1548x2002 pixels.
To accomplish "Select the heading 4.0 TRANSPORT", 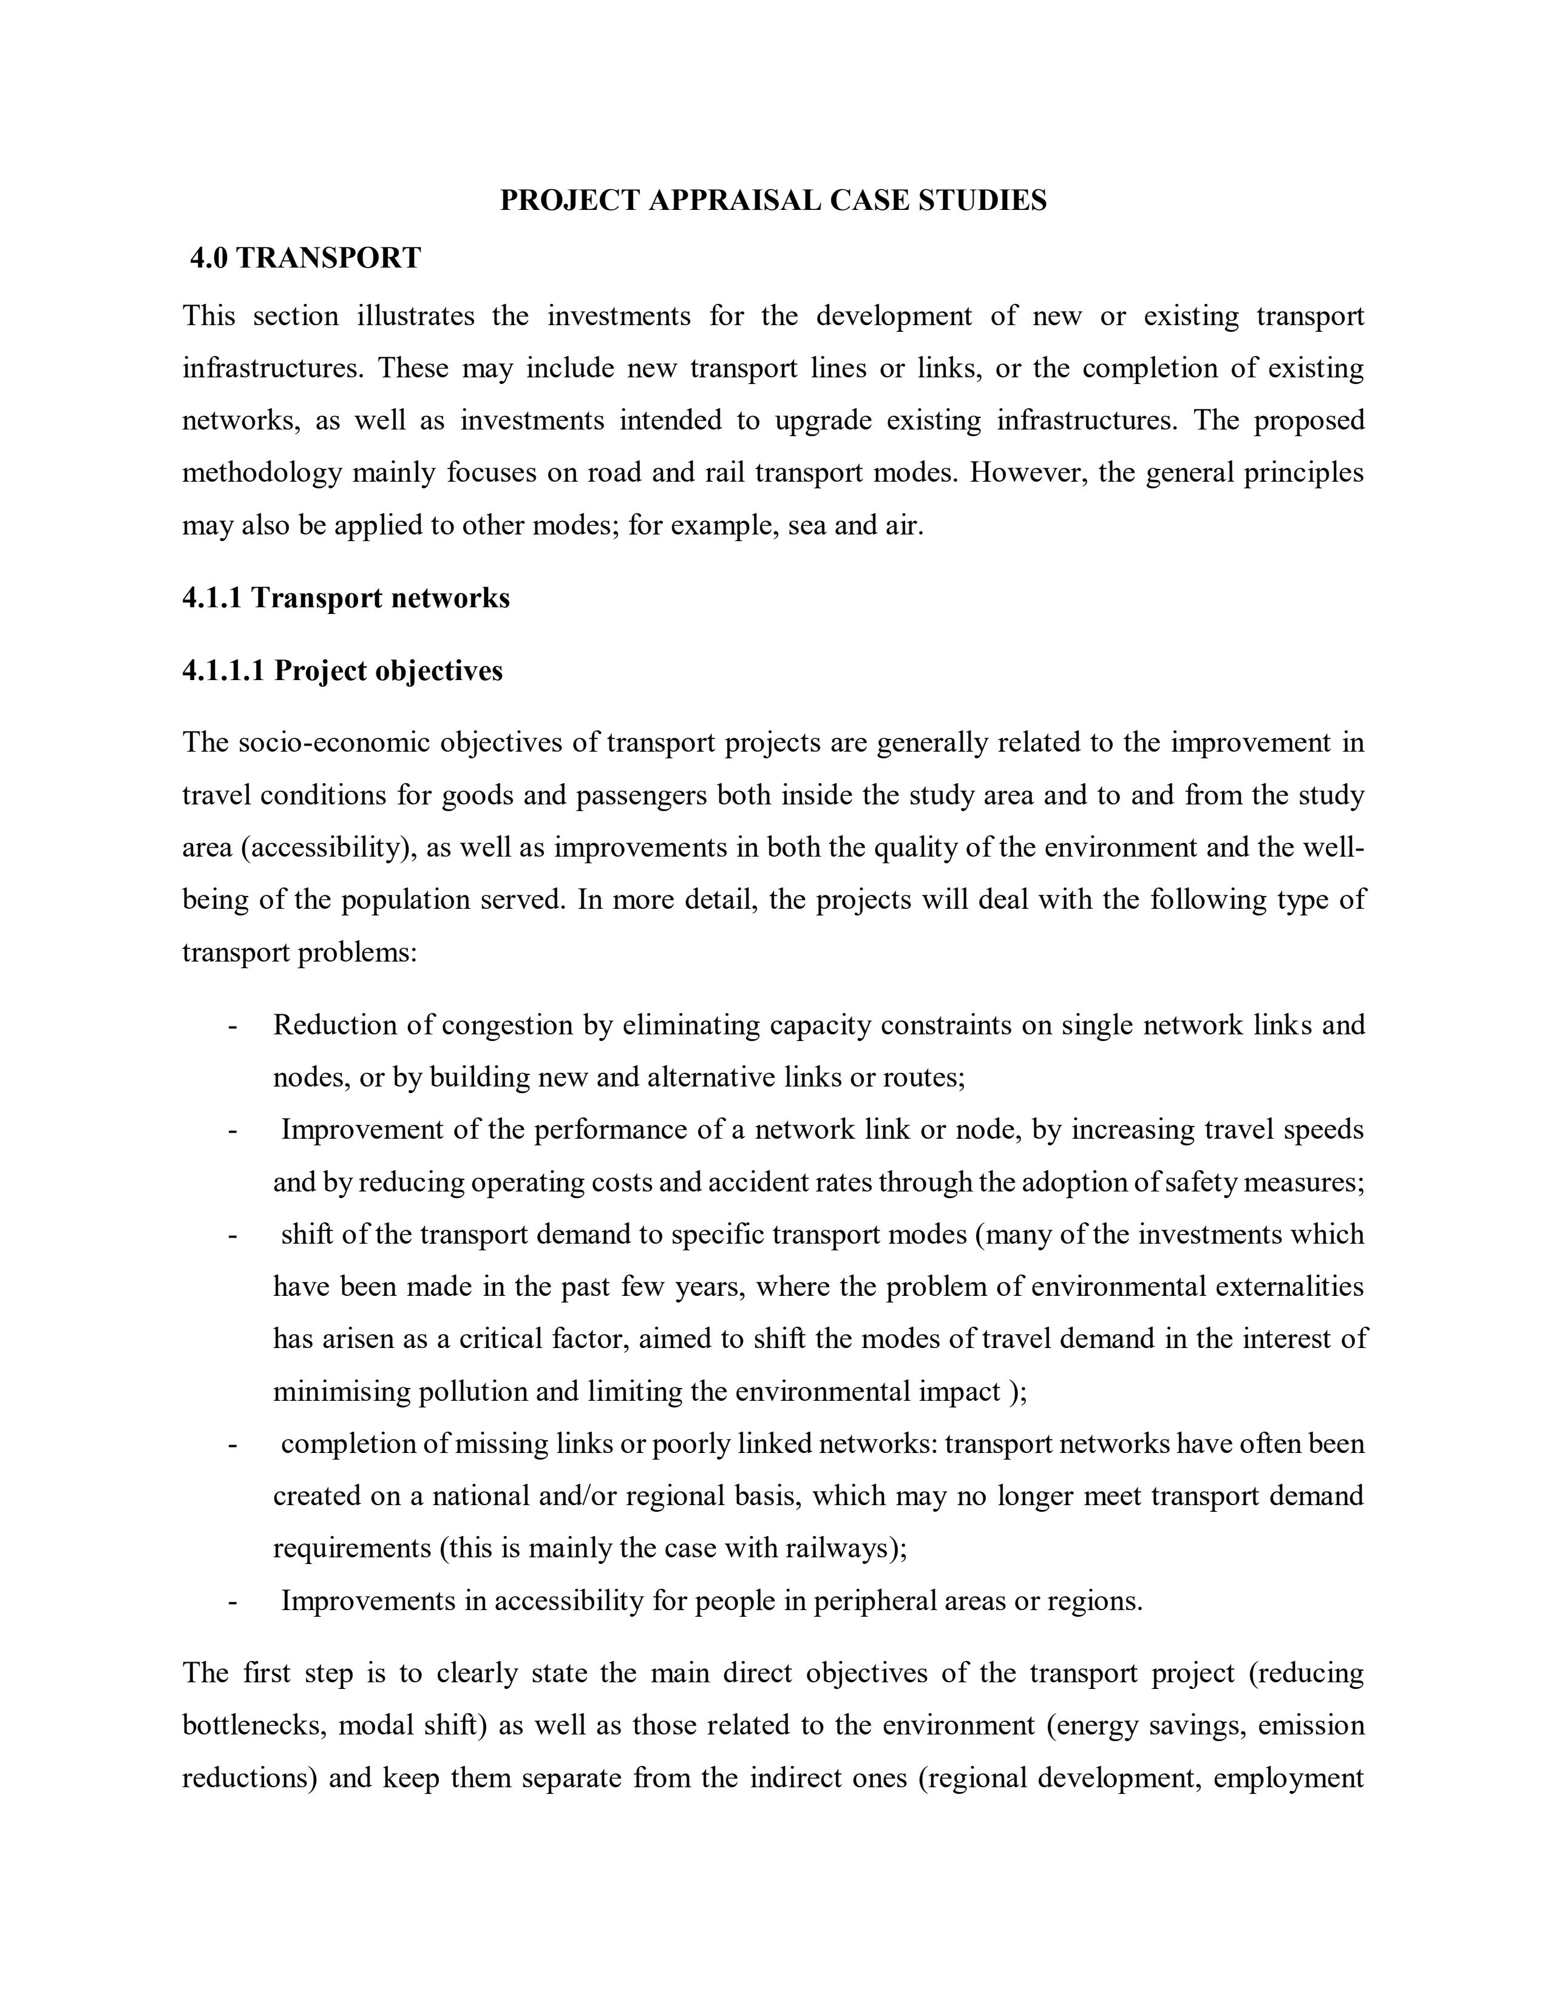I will pyautogui.click(x=305, y=258).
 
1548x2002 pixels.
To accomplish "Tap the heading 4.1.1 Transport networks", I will pyautogui.click(x=346, y=598).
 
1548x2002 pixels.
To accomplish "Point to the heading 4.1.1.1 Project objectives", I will pyautogui.click(x=342, y=671).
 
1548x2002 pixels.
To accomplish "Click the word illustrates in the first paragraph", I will pyautogui.click(x=415, y=316).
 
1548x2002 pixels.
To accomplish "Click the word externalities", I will pyautogui.click(x=1289, y=1287).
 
